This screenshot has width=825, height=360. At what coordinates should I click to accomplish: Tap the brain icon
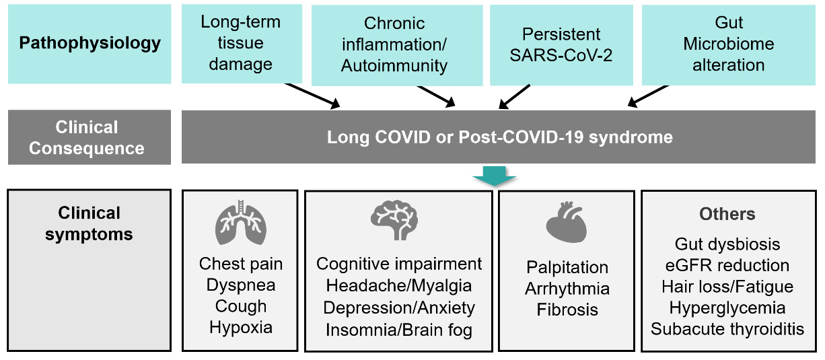[x=394, y=220]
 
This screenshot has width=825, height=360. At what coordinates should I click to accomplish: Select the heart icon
[x=566, y=222]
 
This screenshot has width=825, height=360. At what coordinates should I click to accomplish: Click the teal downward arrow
[x=495, y=176]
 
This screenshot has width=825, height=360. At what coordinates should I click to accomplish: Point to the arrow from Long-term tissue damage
[x=312, y=96]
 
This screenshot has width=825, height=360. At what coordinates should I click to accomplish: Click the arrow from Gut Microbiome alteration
[x=648, y=96]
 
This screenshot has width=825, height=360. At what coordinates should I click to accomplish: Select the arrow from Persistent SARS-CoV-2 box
[x=514, y=96]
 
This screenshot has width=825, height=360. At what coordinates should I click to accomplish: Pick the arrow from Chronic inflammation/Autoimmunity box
[x=436, y=96]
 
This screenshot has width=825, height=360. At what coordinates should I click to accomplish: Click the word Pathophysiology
[x=90, y=44]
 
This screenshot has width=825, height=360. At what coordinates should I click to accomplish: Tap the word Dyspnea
[x=241, y=285]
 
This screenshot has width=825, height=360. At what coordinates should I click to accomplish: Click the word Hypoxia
[x=241, y=327]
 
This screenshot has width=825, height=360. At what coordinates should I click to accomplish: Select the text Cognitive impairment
[x=399, y=264]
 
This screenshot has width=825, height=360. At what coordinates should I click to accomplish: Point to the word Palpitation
[x=567, y=267]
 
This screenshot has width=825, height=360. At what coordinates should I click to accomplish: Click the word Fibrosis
[x=567, y=310]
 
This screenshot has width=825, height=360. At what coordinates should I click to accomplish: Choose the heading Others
[x=727, y=214]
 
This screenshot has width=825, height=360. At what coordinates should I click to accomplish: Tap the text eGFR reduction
[x=727, y=265]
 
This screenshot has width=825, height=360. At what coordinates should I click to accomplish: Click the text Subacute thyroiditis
[x=727, y=329]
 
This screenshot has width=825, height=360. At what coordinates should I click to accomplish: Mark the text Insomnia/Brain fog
[x=399, y=330]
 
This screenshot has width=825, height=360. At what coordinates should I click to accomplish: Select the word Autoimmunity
[x=394, y=66]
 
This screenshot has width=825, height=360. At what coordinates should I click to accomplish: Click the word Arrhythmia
[x=567, y=289]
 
